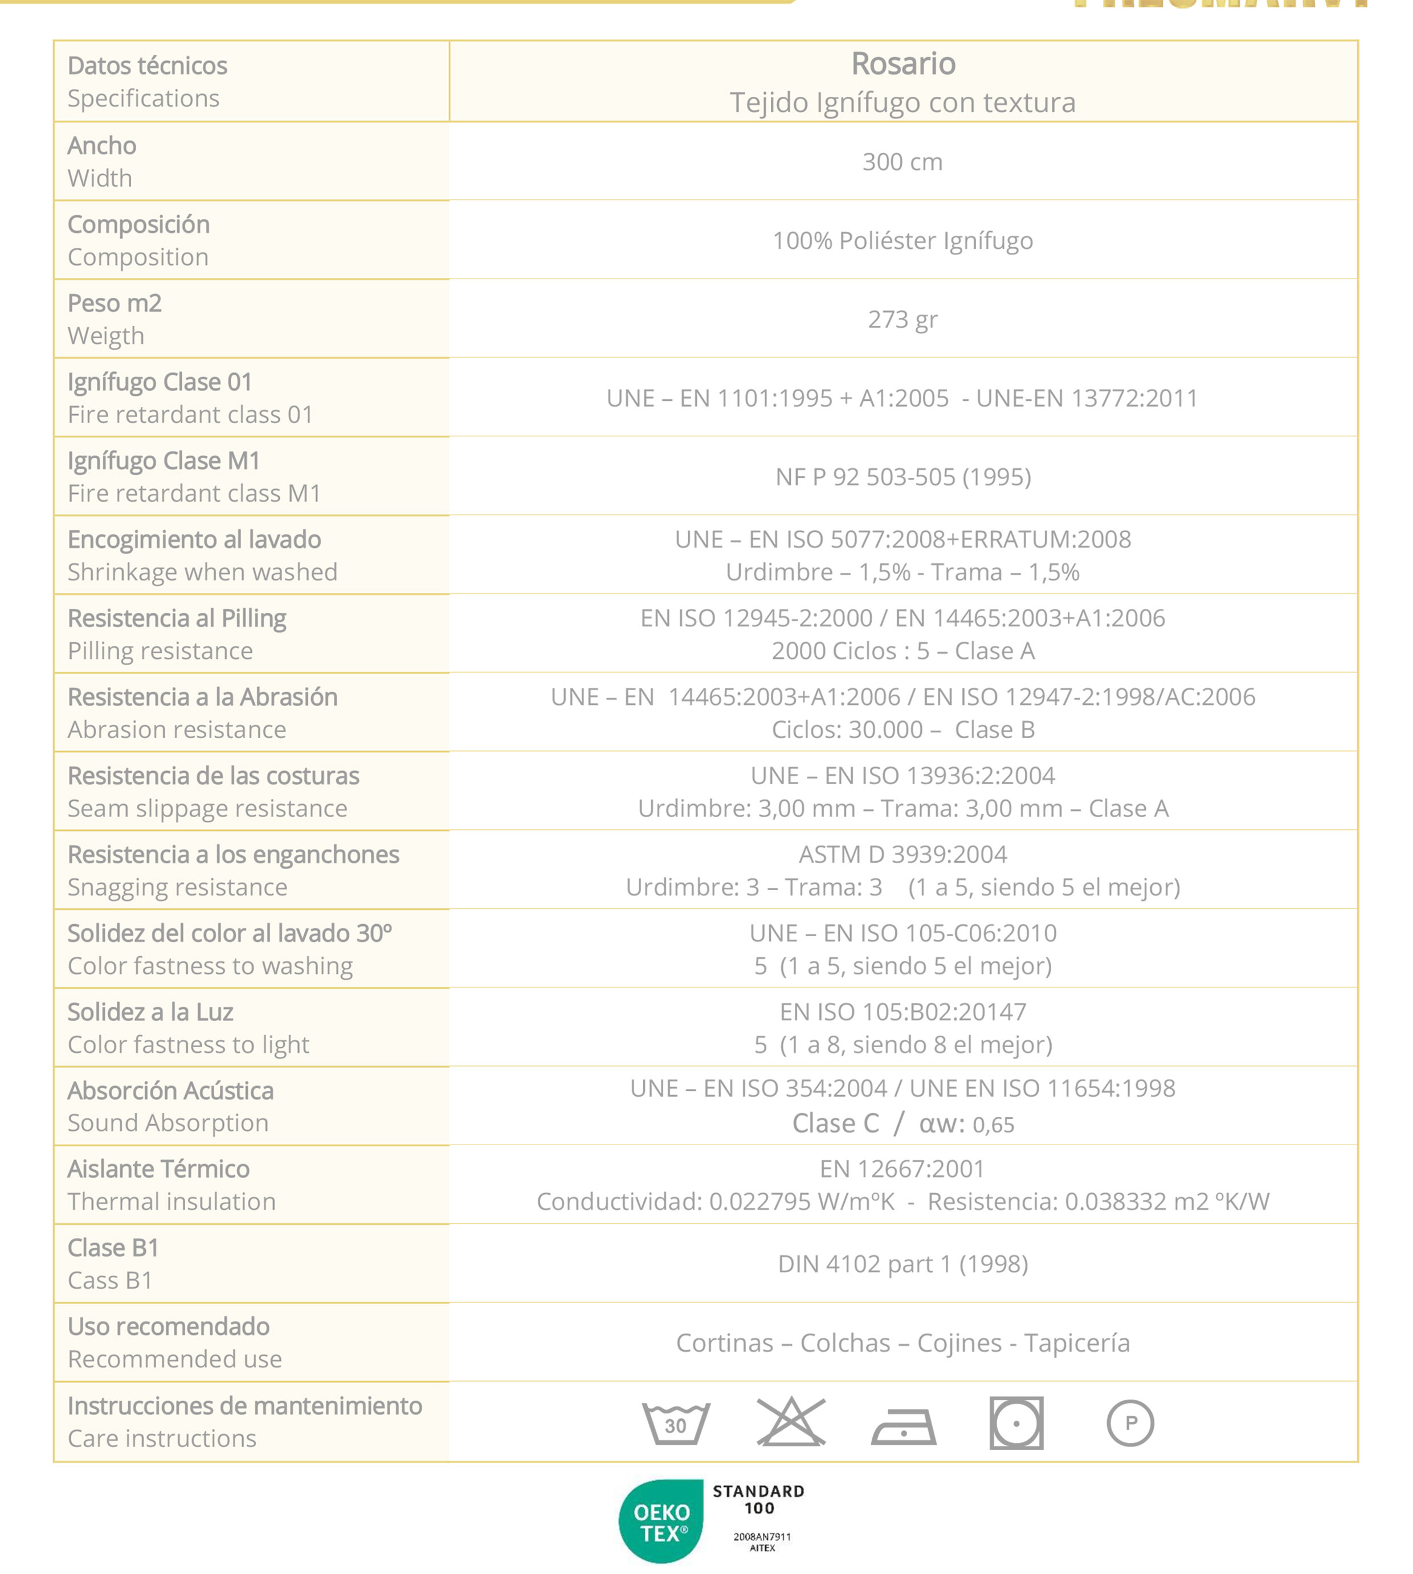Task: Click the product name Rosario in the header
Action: point(903,64)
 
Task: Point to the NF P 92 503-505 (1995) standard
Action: point(903,477)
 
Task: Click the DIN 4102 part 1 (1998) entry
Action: point(903,1264)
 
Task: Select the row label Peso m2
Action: point(115,304)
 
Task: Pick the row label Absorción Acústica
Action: point(171,1091)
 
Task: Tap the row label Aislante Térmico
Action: point(158,1169)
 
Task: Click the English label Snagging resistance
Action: point(177,887)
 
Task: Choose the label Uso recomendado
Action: point(169,1326)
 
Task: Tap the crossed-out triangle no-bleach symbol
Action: point(790,1421)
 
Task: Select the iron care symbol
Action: point(904,1426)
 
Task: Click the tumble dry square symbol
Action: point(1016,1423)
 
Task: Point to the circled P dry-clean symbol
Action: point(1130,1423)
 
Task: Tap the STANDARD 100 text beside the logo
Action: point(758,1499)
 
